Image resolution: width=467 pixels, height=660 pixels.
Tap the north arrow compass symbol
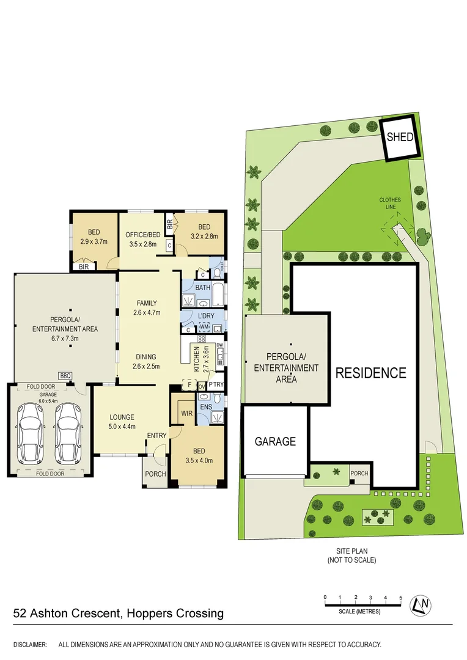tap(420, 604)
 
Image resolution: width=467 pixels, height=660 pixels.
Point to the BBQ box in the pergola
tap(64, 375)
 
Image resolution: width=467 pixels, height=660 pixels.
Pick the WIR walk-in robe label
tap(187, 413)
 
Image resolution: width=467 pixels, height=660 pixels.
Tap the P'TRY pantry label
tap(216, 384)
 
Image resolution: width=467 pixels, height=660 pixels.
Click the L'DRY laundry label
tap(205, 315)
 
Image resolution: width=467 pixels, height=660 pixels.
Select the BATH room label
tap(202, 287)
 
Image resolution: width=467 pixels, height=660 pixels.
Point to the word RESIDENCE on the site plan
tap(370, 373)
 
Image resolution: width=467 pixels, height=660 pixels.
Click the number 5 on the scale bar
tap(400, 597)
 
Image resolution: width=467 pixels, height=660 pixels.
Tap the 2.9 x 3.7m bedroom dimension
tap(94, 241)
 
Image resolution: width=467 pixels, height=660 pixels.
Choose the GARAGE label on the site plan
tap(275, 441)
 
